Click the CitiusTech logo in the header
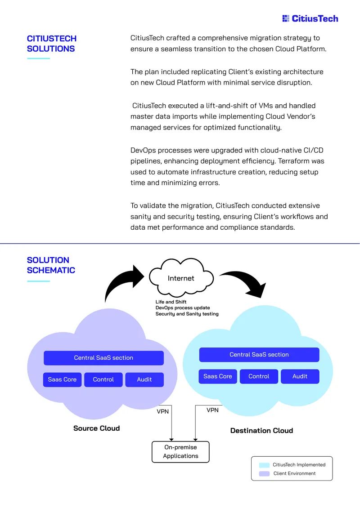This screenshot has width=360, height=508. click(310, 18)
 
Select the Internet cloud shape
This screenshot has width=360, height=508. click(181, 278)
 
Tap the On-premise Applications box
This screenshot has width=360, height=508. click(180, 452)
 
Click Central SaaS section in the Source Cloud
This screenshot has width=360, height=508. click(104, 358)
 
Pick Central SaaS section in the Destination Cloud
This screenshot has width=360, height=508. click(259, 354)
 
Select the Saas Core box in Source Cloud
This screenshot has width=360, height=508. click(62, 379)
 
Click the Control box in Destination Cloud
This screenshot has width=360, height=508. click(259, 376)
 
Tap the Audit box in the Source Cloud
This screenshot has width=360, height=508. click(144, 379)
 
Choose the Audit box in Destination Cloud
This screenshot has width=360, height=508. click(300, 376)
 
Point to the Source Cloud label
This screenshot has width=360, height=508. click(97, 428)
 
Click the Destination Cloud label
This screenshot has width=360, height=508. click(262, 431)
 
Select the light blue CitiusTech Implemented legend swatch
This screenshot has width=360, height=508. click(264, 465)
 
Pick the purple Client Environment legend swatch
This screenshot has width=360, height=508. click(264, 474)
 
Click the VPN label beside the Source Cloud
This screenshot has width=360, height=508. click(163, 411)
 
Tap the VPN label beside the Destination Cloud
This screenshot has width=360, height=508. click(213, 410)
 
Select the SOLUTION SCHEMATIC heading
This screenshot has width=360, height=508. click(51, 265)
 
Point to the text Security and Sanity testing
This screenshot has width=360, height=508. click(187, 314)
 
